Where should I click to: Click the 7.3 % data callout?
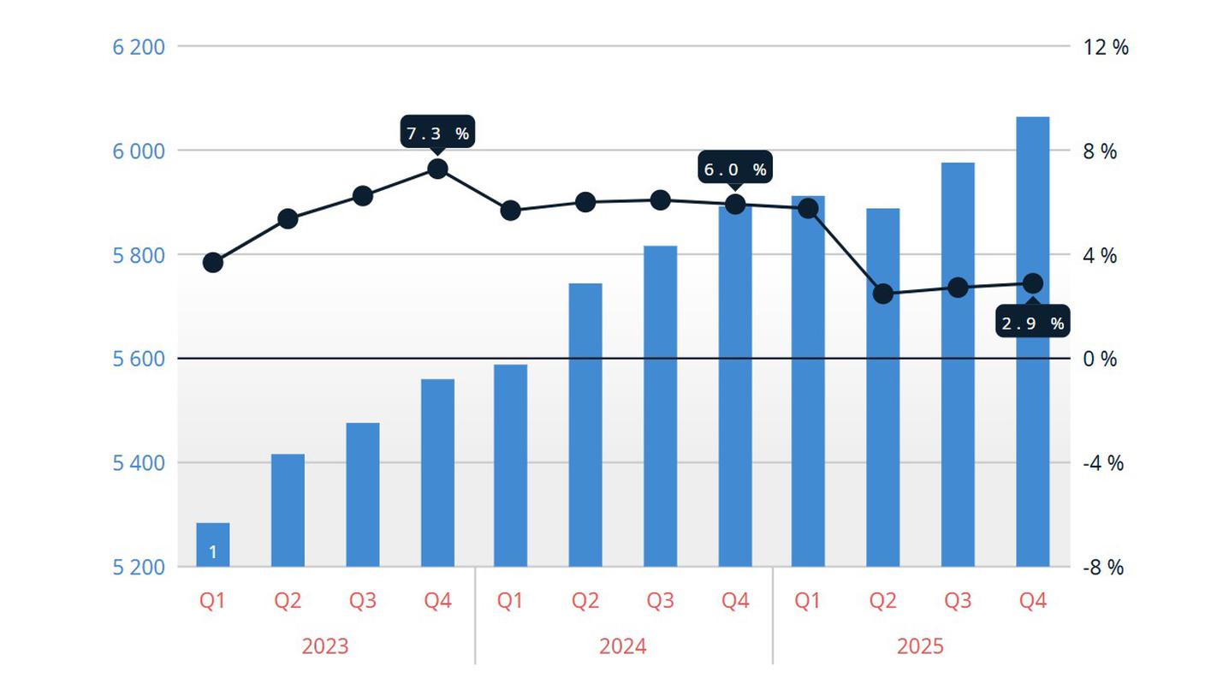pyautogui.click(x=437, y=133)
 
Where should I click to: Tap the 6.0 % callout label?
pyautogui.click(x=735, y=169)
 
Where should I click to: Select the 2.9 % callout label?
pyautogui.click(x=1033, y=323)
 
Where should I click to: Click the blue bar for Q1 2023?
pyautogui.click(x=213, y=544)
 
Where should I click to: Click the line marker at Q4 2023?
pyautogui.click(x=437, y=169)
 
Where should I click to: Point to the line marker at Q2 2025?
pyautogui.click(x=883, y=294)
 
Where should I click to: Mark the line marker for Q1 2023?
pyautogui.click(x=213, y=263)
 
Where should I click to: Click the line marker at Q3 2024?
pyautogui.click(x=660, y=200)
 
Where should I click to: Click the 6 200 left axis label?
pyautogui.click(x=139, y=46)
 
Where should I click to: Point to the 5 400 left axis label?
pyautogui.click(x=139, y=463)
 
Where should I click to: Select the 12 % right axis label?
pyautogui.click(x=1106, y=47)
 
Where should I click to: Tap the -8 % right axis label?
pyautogui.click(x=1102, y=568)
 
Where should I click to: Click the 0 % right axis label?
pyautogui.click(x=1100, y=359)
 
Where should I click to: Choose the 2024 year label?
pyautogui.click(x=622, y=645)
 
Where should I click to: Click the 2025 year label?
pyautogui.click(x=920, y=645)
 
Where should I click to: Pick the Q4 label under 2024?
pyautogui.click(x=735, y=601)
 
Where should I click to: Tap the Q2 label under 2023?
pyautogui.click(x=288, y=601)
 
